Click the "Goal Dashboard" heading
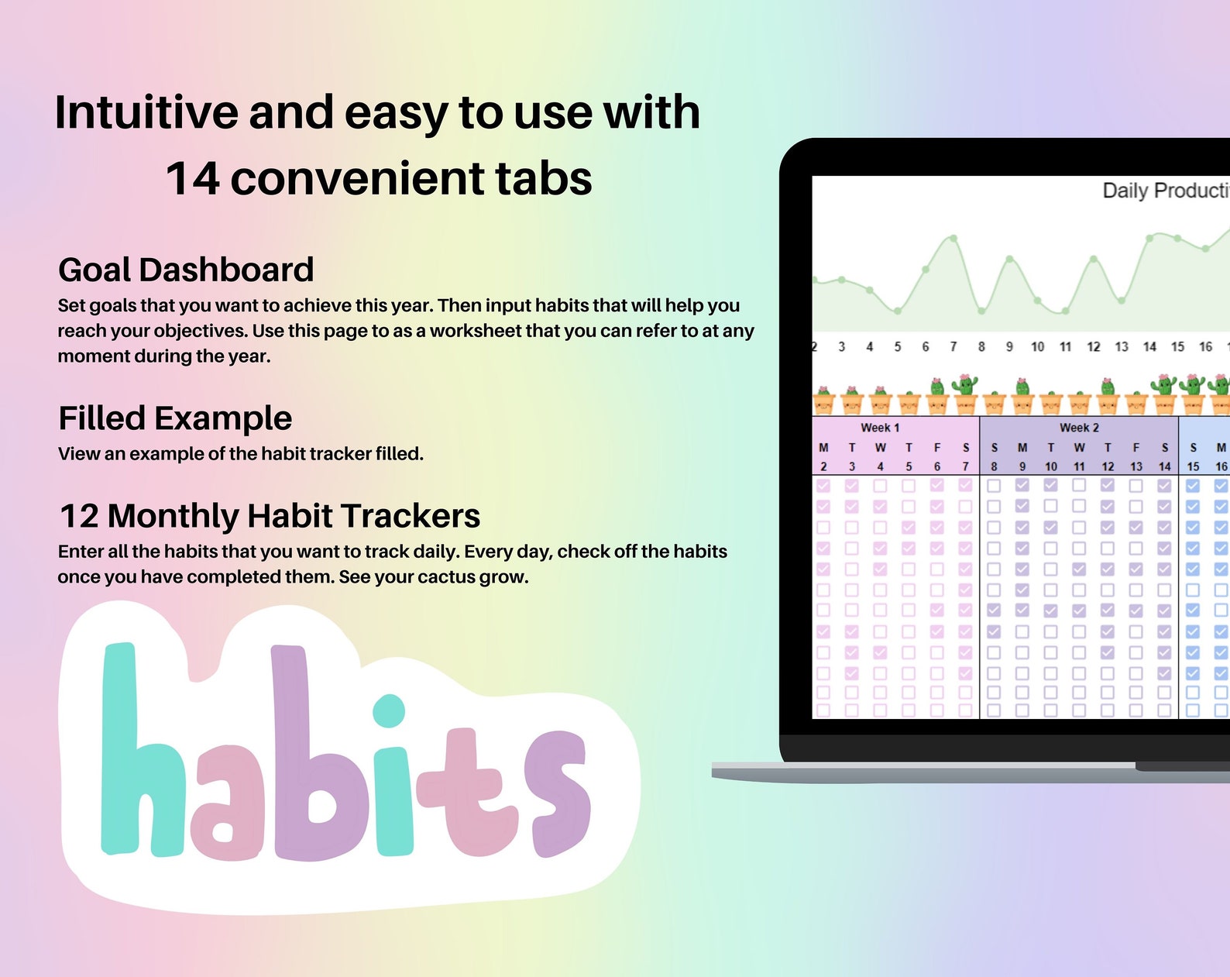[x=186, y=270]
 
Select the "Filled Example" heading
[x=175, y=418]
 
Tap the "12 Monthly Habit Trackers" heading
[x=270, y=516]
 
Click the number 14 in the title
[x=193, y=178]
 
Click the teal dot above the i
[x=389, y=710]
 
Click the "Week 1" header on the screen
[x=880, y=428]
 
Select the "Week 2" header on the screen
[x=1079, y=428]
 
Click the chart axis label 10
[x=1037, y=347]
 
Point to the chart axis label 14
[x=1149, y=347]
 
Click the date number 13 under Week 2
[x=1136, y=466]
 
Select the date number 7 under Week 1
[x=966, y=466]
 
